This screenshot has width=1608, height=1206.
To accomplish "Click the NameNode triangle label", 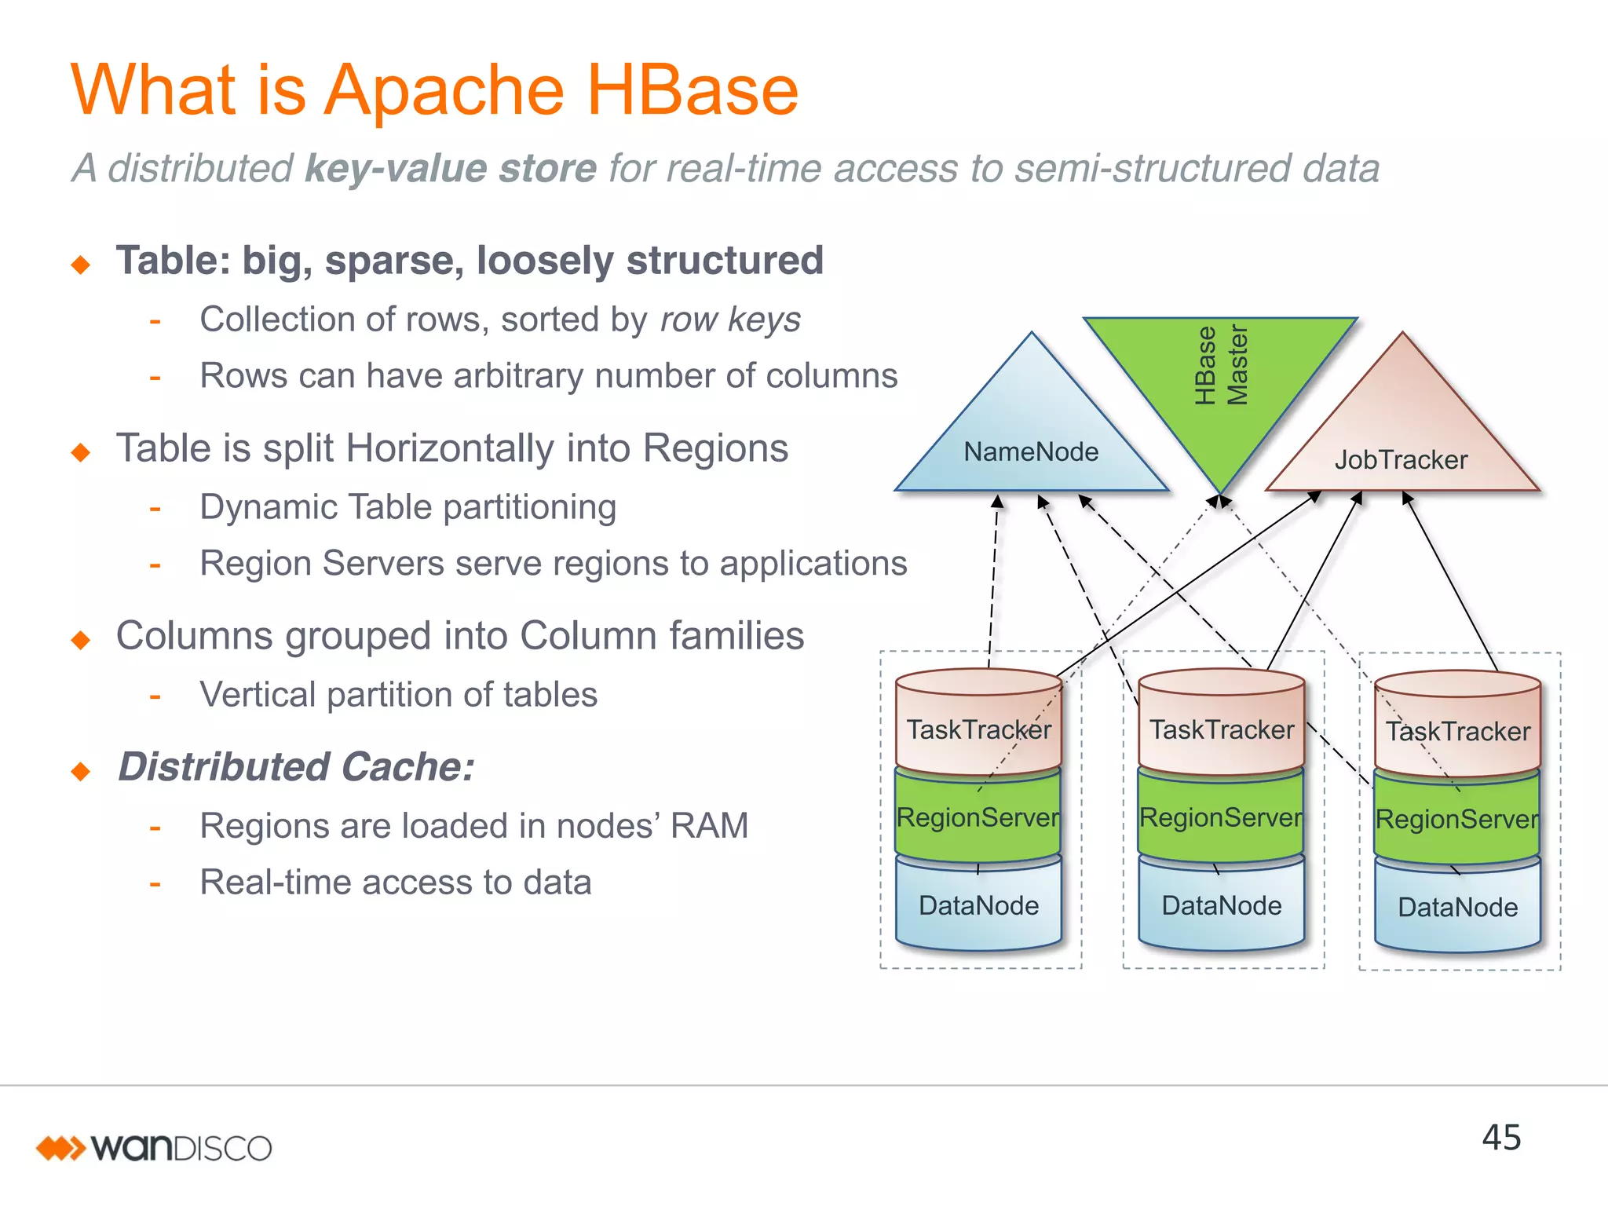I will (x=1031, y=451).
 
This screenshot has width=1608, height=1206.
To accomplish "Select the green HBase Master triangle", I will (x=1220, y=377).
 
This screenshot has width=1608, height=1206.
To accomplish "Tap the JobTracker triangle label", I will (x=1401, y=459).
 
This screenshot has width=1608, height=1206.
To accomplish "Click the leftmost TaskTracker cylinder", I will (x=978, y=729).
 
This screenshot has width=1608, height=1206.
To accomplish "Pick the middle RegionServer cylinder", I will (x=1221, y=817).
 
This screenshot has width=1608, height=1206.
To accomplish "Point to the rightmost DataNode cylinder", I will (x=1458, y=907).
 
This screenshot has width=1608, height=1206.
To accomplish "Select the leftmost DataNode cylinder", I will (x=978, y=905).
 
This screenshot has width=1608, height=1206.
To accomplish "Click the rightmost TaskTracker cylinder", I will (x=1458, y=731).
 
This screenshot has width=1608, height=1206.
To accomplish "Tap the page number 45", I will (x=1501, y=1138).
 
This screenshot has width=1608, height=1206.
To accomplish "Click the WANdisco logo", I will (x=155, y=1148).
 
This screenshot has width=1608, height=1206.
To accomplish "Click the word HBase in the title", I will (x=692, y=90).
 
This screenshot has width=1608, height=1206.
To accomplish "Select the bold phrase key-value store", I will (x=451, y=168).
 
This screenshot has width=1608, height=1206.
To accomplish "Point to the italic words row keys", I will (x=730, y=320).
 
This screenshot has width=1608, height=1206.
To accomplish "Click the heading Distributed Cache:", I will (x=296, y=766).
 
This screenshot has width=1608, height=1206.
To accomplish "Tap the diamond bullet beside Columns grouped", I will (x=81, y=640).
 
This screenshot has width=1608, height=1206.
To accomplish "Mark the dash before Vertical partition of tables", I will (x=155, y=696).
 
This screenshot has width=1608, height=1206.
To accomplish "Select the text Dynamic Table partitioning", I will (x=407, y=507).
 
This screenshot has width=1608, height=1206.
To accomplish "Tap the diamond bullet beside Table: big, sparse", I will (x=81, y=265).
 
